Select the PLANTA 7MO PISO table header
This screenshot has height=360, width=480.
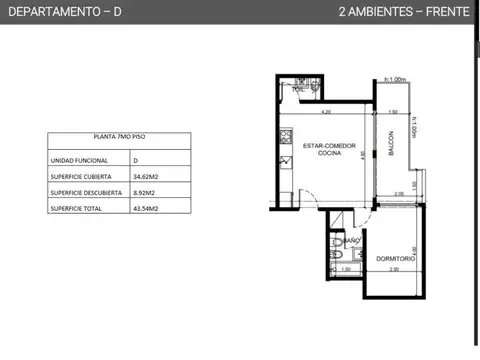point(104,140)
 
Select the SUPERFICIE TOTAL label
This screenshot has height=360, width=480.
point(73,208)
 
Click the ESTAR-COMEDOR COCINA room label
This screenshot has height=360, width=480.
point(322,149)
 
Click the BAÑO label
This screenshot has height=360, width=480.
point(351,240)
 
